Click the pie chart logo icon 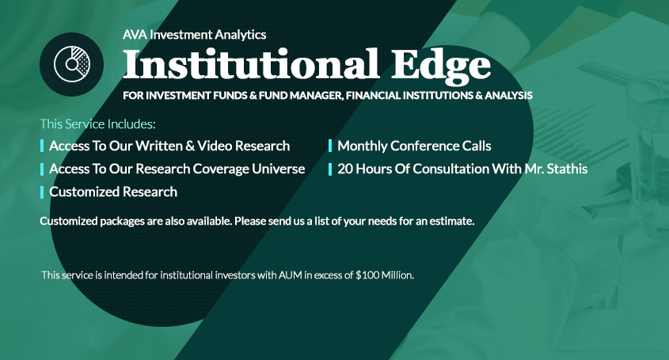(x=72, y=64)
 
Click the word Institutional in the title (x=251, y=64)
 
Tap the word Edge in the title (x=441, y=66)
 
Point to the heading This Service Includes (x=97, y=124)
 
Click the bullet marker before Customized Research (x=42, y=192)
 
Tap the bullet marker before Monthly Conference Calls (x=330, y=146)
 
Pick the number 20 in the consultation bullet (x=344, y=169)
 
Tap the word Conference (x=424, y=146)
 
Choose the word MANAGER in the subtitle (x=317, y=96)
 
